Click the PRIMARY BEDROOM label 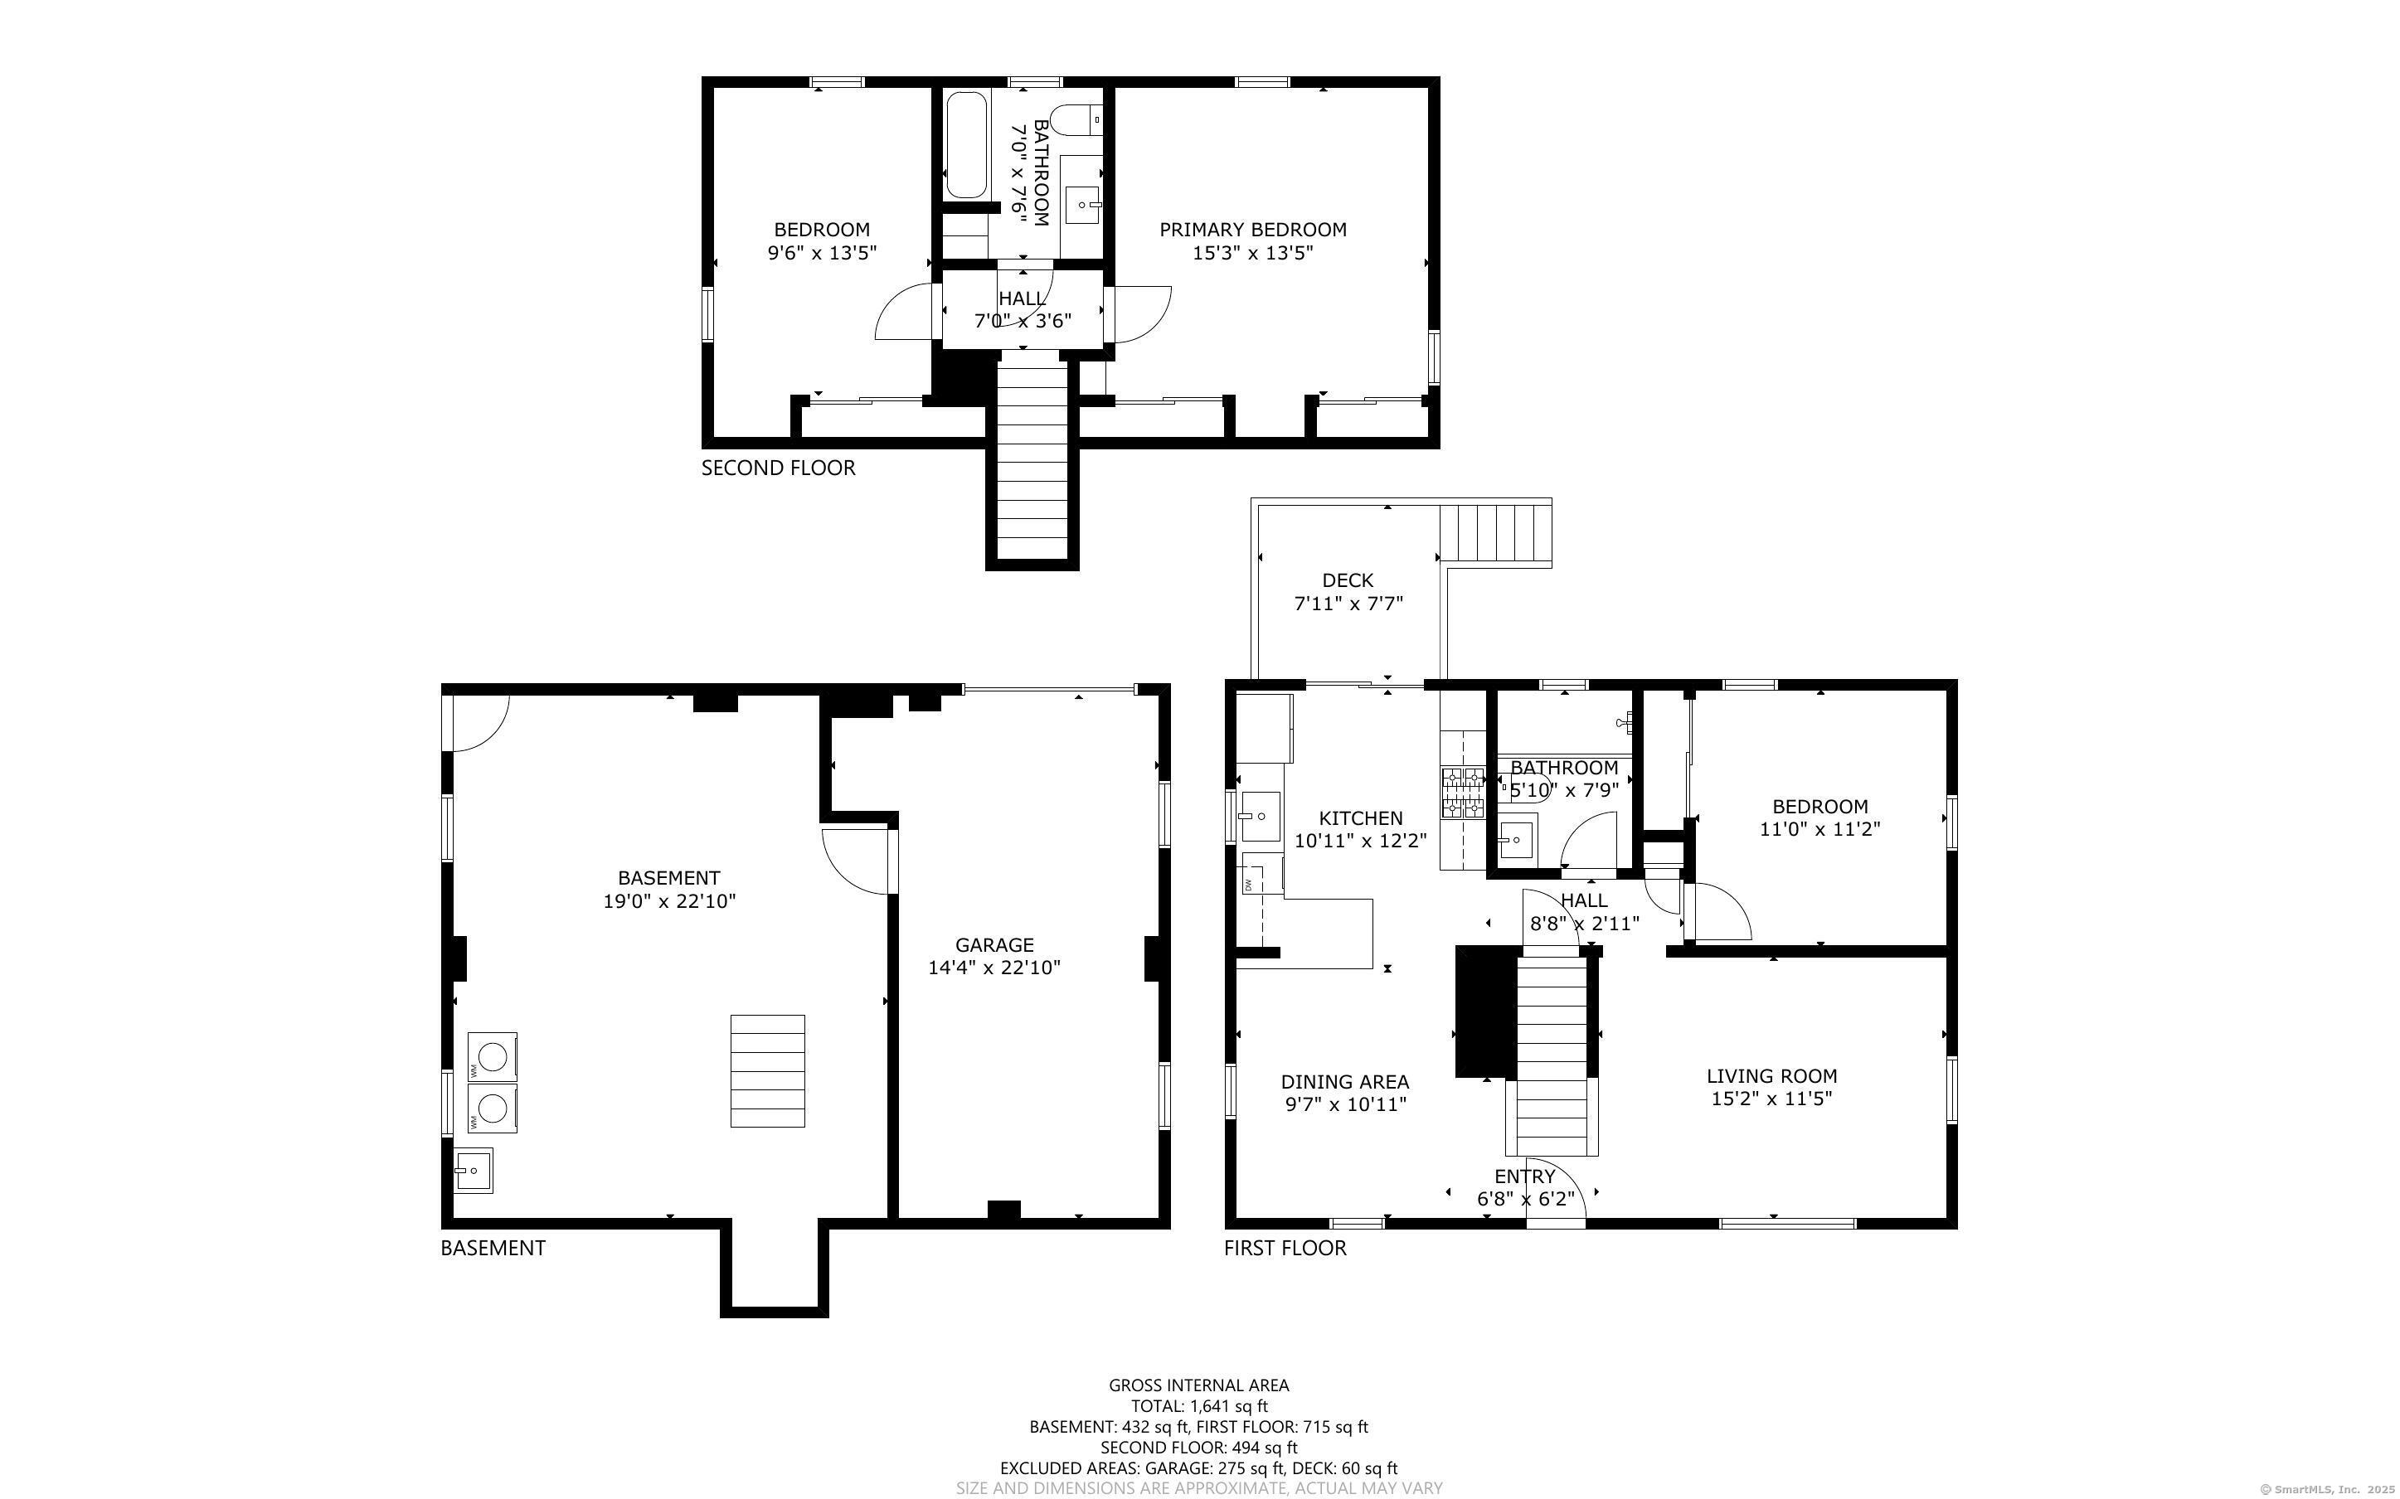pos(1252,230)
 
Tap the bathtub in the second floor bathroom pos(965,146)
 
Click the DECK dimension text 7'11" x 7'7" pos(1348,604)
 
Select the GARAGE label pos(994,945)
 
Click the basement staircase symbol pos(767,1070)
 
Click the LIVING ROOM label pos(1771,1075)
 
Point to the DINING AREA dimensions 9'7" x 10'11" pos(1344,1104)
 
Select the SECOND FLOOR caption pos(777,468)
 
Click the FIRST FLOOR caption pos(1284,1248)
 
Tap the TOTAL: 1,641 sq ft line pos(1198,1406)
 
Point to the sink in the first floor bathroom pos(1515,841)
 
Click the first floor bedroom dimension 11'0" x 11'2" pos(1819,830)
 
